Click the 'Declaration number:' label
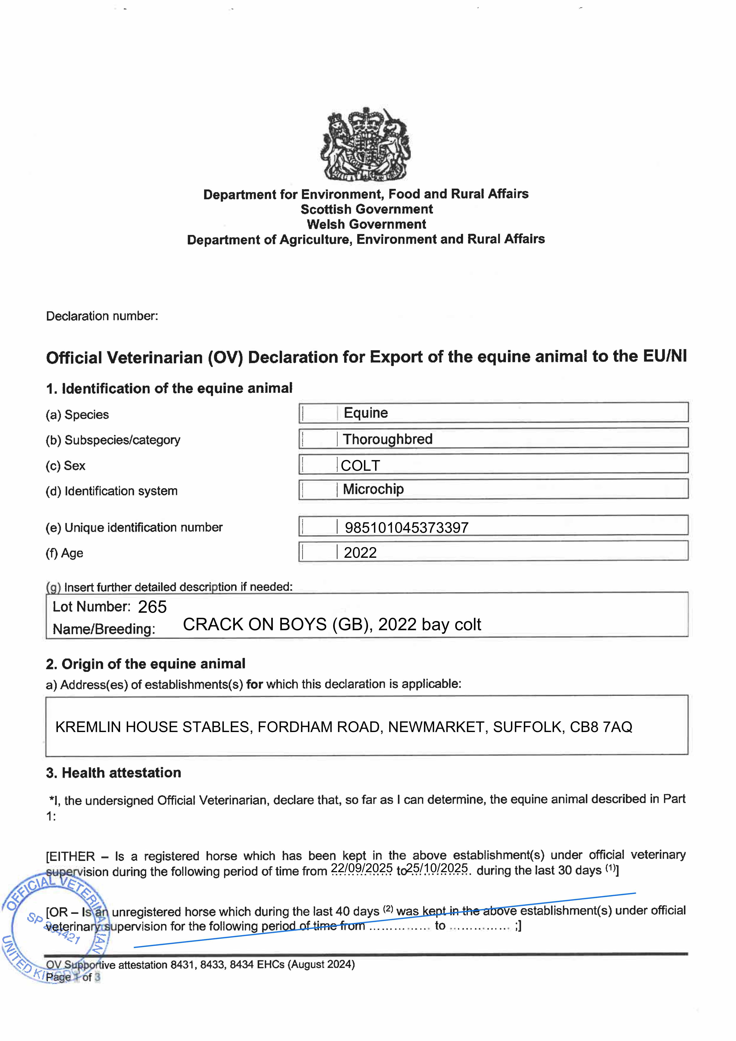102,316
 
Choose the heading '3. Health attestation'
113,773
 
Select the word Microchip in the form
373,489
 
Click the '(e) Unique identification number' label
134,527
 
